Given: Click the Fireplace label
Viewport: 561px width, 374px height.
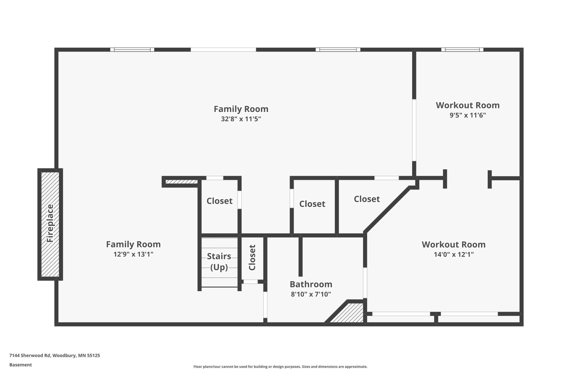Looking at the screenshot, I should (x=50, y=223).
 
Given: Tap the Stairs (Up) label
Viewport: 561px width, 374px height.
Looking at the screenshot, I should (x=219, y=261).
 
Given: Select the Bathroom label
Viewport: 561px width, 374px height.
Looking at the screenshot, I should (x=311, y=284).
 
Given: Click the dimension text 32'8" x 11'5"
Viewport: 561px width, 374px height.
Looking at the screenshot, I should (x=241, y=119).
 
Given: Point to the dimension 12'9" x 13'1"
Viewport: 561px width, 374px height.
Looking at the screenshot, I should (x=133, y=254).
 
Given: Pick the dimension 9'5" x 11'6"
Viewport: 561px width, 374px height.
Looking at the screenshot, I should (x=467, y=115).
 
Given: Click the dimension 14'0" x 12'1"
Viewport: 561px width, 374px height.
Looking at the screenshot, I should (x=453, y=254).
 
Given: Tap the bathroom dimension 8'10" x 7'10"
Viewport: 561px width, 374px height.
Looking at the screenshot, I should (x=311, y=294).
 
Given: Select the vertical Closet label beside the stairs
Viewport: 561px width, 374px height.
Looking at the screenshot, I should (x=252, y=257).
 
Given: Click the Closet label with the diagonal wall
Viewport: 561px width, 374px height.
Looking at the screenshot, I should (x=367, y=199).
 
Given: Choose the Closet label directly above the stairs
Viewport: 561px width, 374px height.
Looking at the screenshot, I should (x=219, y=201).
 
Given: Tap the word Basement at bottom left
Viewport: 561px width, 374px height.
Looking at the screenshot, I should (x=20, y=365).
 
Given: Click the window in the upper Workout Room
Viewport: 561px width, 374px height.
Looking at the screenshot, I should (x=462, y=50).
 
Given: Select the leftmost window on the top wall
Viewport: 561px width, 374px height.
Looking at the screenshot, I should (x=132, y=50).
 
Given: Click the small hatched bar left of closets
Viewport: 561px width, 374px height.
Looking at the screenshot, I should (x=181, y=182).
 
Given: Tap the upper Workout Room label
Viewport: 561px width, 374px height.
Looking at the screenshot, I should (x=467, y=105).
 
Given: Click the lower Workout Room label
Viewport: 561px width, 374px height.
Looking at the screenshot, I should (x=453, y=244).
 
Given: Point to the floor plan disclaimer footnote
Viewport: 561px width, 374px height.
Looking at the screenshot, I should (x=280, y=366).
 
